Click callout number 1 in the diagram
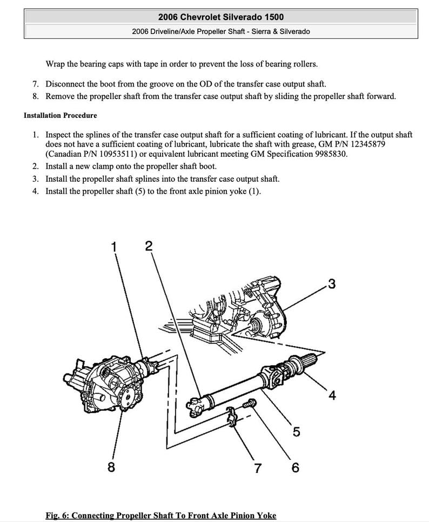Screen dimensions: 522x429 (x=114, y=247)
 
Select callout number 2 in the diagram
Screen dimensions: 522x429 (x=149, y=246)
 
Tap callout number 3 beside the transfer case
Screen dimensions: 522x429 (x=332, y=283)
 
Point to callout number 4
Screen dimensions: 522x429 (x=332, y=396)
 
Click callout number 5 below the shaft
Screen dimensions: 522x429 (x=297, y=432)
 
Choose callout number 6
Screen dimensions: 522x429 (x=296, y=466)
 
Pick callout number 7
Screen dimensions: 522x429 (x=258, y=466)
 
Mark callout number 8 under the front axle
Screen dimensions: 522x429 (x=111, y=466)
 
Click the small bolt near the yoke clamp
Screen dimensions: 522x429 (x=249, y=404)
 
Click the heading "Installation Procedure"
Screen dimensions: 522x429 (x=61, y=115)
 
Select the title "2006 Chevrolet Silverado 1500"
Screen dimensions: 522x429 (x=221, y=18)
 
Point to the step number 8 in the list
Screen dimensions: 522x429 (x=35, y=96)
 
